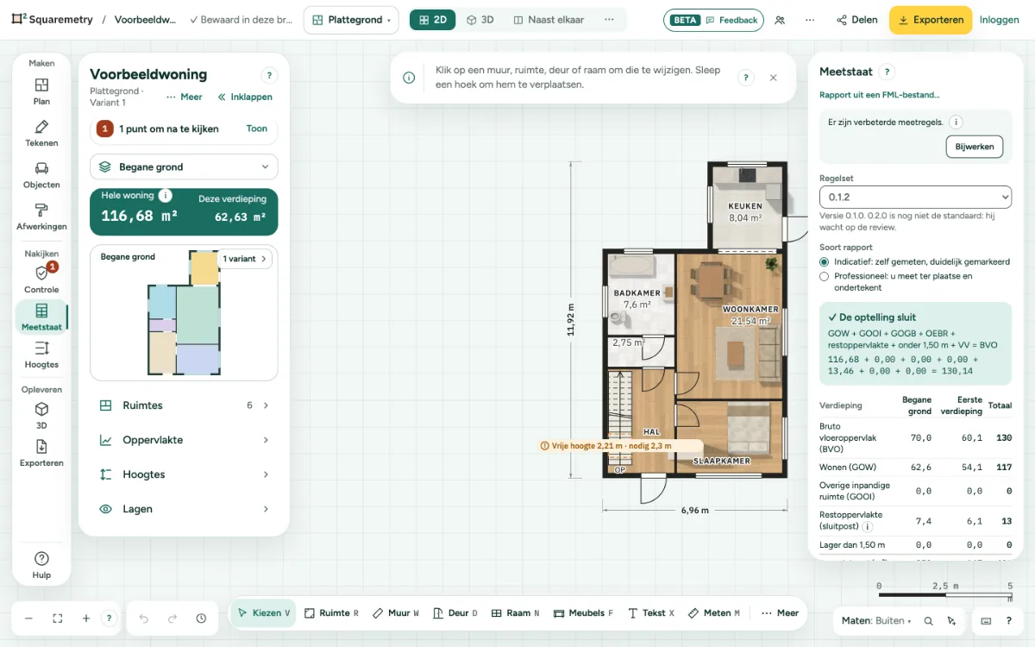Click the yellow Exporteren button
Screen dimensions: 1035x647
pyautogui.click(x=931, y=20)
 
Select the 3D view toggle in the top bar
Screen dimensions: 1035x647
pyautogui.click(x=480, y=20)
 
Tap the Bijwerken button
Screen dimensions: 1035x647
pyautogui.click(x=974, y=147)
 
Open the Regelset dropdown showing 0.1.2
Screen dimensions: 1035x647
pyautogui.click(x=915, y=198)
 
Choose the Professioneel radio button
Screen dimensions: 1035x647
pyautogui.click(x=824, y=276)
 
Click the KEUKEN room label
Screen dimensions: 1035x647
pyautogui.click(x=745, y=206)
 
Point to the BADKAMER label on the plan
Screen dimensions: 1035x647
pyautogui.click(x=637, y=293)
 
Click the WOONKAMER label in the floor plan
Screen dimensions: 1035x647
pyautogui.click(x=750, y=309)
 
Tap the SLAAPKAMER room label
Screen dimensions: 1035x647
pyautogui.click(x=721, y=461)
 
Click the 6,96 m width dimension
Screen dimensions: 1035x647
pyautogui.click(x=694, y=510)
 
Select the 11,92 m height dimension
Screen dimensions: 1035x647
pyautogui.click(x=571, y=320)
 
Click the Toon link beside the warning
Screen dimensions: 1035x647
pyautogui.click(x=256, y=129)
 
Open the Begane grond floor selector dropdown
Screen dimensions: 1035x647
pyautogui.click(x=184, y=166)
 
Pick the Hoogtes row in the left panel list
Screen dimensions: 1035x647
pyautogui.click(x=184, y=474)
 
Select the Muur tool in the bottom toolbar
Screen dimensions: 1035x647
pyautogui.click(x=396, y=612)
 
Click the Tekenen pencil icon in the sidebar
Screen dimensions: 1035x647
pyautogui.click(x=41, y=127)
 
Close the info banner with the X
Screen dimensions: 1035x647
pyautogui.click(x=773, y=78)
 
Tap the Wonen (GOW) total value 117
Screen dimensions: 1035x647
pyautogui.click(x=1004, y=468)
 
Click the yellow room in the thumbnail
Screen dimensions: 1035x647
pyautogui.click(x=204, y=268)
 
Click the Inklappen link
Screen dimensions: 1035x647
pyautogui.click(x=245, y=97)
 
